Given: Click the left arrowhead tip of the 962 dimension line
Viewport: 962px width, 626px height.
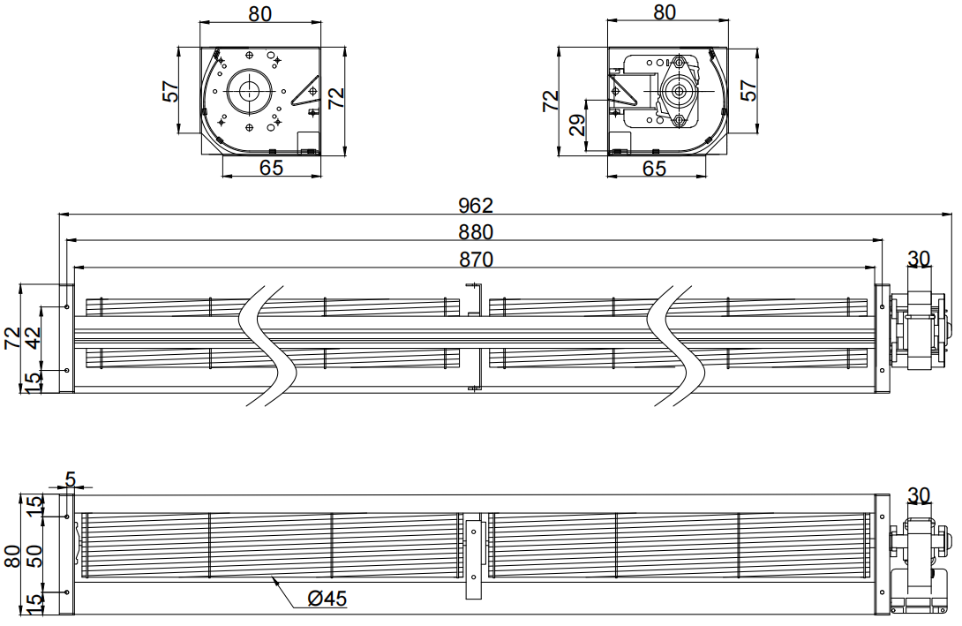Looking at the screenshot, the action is point(59,215).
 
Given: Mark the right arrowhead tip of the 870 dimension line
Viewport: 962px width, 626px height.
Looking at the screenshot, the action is point(876,268).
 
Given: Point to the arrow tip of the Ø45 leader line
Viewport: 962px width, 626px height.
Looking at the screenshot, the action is point(272,577).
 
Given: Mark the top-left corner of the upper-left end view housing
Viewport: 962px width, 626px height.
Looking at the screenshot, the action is point(200,48).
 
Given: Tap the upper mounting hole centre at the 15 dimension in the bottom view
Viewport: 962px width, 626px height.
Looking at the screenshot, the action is point(67,517).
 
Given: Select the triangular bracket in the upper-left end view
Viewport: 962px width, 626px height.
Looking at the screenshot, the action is point(306,91).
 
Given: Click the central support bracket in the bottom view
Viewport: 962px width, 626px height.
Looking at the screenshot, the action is point(474,560).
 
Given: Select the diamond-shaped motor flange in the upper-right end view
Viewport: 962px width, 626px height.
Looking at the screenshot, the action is point(680,91).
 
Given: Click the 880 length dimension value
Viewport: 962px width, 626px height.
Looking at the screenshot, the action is point(476,232).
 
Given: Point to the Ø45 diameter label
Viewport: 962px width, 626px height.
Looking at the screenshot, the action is point(327,598).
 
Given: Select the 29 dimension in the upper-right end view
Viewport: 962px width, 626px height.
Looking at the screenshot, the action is point(577,124).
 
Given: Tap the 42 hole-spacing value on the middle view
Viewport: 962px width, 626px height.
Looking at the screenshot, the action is point(33,337).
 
